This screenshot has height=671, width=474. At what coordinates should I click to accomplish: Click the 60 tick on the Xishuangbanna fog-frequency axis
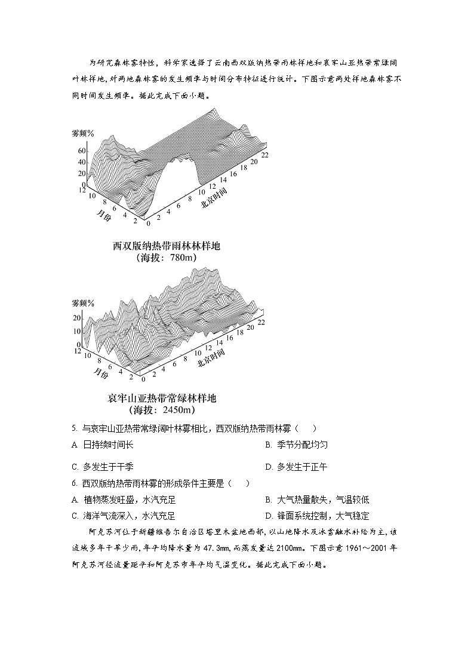(x=82, y=151)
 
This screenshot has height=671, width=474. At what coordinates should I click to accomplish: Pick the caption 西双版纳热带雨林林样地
(x=162, y=246)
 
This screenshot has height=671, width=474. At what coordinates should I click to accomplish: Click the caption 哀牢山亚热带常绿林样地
(x=162, y=398)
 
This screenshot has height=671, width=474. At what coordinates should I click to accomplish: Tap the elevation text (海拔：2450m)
(x=162, y=410)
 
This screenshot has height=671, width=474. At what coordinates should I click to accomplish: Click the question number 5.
(x=73, y=428)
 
